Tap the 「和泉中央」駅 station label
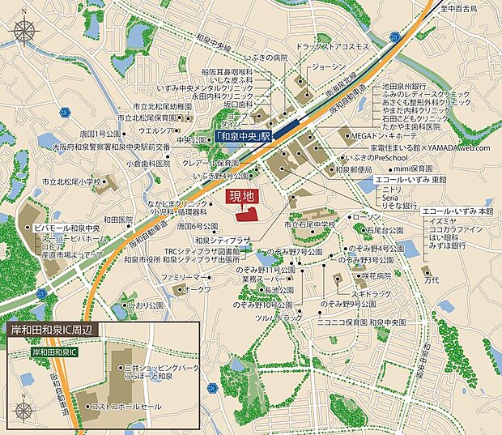point(243,137)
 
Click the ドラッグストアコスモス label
point(332,48)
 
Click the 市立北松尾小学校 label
point(70,181)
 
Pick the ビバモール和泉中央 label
point(67,229)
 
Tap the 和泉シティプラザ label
point(221,241)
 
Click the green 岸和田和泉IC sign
point(53,353)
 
